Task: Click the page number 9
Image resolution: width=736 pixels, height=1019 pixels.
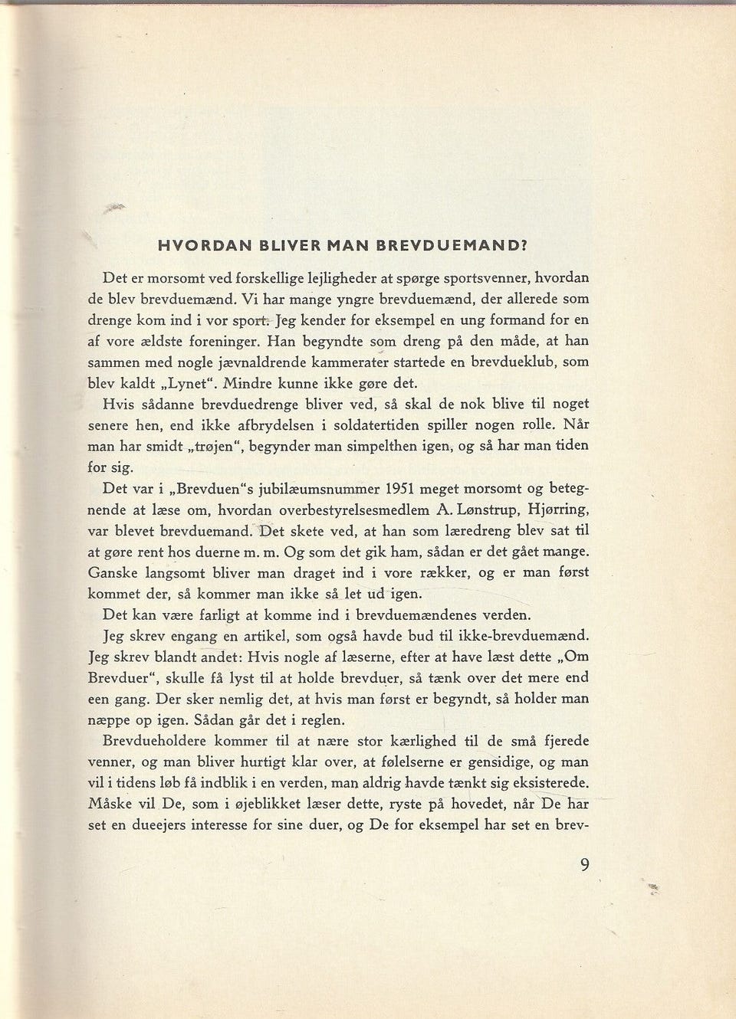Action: (x=585, y=865)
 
